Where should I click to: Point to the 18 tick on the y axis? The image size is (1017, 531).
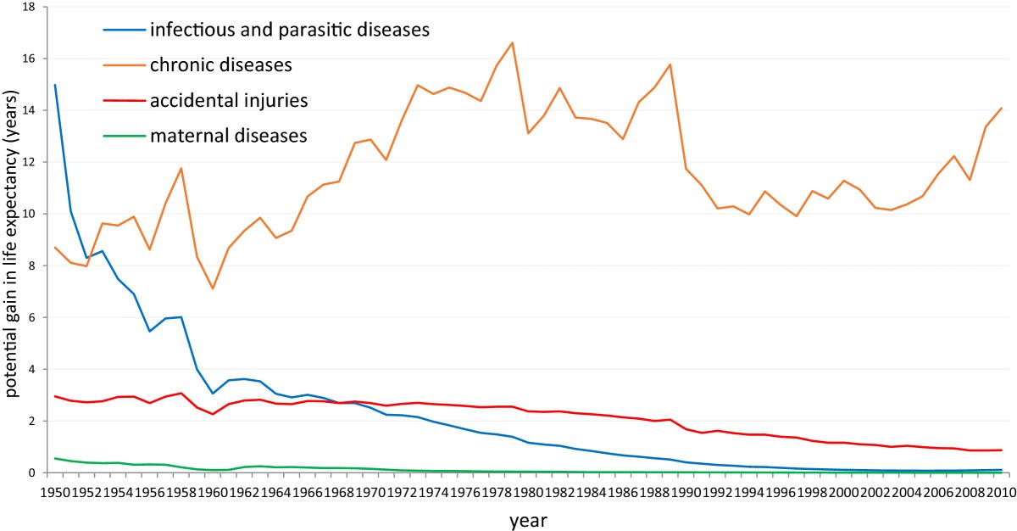coord(29,8)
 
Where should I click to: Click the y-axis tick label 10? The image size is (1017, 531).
coord(29,214)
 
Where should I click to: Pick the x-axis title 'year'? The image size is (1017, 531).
coord(528,521)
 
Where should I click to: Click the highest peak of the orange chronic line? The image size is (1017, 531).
coord(513,42)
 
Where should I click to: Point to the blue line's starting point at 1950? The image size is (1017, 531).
coord(55,85)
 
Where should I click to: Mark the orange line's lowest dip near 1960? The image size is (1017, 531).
coord(212,288)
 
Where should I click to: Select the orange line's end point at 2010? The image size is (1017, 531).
coord(1002,108)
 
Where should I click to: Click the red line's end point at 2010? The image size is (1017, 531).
coord(1002,450)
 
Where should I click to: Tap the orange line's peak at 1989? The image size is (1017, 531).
coord(670,64)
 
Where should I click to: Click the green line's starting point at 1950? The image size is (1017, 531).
coord(55,458)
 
